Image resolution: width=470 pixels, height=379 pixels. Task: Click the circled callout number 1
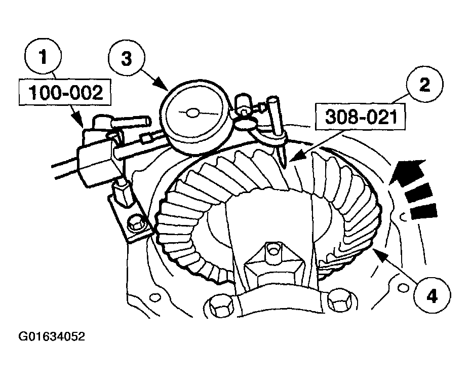[x=44, y=57]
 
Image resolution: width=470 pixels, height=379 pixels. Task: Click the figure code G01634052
[x=52, y=337]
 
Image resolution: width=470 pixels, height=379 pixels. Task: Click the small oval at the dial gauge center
[x=192, y=113]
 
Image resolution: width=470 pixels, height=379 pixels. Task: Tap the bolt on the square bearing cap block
[x=273, y=249]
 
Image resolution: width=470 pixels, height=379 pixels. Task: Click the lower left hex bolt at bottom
[x=220, y=305]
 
